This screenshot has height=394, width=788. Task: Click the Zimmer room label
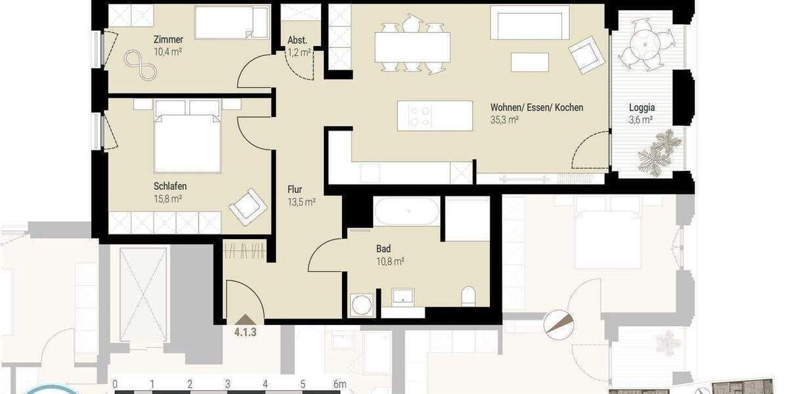coord(169,39)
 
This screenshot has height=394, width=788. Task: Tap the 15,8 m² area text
coord(167,198)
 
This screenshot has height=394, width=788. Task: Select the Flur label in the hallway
coord(295,189)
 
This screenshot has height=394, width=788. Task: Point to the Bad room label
coord(383,249)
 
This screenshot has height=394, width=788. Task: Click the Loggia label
coord(642,108)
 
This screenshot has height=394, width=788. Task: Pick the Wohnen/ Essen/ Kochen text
coord(536,108)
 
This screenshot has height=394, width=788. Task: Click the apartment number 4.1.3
coord(245,332)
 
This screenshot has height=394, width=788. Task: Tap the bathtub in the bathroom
coord(406,212)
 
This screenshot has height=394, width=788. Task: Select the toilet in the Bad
coord(469,297)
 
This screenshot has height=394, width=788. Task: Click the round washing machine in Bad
coord(361,305)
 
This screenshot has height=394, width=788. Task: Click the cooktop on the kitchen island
coord(420,116)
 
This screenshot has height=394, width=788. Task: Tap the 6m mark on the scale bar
coord(339,383)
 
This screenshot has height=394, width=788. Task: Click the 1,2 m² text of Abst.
coord(299,53)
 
